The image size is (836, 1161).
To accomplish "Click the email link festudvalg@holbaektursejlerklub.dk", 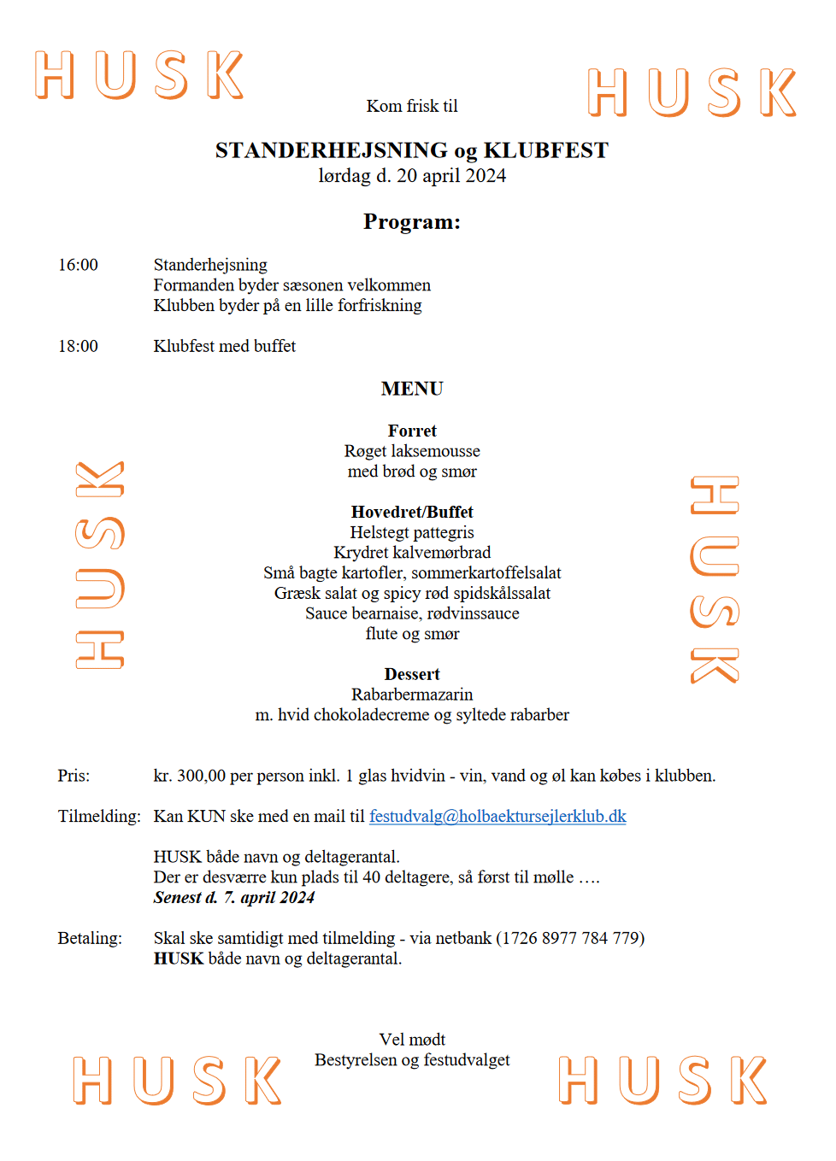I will point(497,817).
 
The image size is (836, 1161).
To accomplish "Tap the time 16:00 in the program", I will point(78,266).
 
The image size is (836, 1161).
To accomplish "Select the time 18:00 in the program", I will point(78,347).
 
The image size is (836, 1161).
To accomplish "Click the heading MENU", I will point(412,389).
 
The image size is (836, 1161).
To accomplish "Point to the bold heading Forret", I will point(412,431).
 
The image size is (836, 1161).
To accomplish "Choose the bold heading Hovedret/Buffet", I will point(412,513).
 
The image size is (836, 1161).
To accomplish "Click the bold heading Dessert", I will point(412,675).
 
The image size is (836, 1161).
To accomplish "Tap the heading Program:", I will point(412,222).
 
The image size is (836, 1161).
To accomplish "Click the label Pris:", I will point(74,777).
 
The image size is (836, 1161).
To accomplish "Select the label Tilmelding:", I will point(99,817).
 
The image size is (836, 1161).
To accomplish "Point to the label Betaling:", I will point(90,939).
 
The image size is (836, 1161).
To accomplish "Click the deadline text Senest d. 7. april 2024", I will point(234,898).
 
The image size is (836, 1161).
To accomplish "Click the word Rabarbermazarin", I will point(412,695).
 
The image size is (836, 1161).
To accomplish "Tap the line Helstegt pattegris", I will point(412,533).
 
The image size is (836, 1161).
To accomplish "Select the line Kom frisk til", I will point(412,107).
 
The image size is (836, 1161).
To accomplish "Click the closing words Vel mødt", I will point(412,1041).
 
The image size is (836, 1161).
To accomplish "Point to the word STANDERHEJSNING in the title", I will point(332,151).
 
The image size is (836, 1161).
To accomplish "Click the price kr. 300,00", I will point(190,777).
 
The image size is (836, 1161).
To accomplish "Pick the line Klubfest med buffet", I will point(225,347).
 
